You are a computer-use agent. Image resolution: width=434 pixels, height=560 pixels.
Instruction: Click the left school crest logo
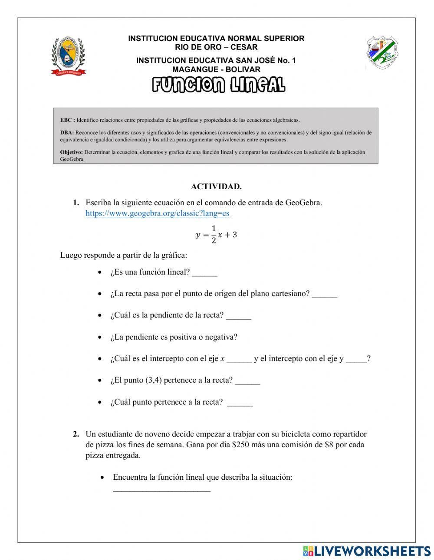[x=68, y=56]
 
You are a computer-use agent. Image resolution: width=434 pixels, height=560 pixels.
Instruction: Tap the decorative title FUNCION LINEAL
[x=218, y=85]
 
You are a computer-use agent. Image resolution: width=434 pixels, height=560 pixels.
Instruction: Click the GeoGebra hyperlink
[x=157, y=213]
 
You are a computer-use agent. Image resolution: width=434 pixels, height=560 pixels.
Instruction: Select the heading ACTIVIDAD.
[x=216, y=187]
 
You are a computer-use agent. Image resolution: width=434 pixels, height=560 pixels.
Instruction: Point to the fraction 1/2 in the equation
[x=214, y=235]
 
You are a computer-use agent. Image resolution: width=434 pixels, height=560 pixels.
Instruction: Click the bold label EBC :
[x=67, y=120]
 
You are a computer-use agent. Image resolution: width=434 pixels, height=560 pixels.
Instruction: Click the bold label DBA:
[x=67, y=133]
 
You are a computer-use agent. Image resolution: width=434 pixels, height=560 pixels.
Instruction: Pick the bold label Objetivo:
[x=71, y=152]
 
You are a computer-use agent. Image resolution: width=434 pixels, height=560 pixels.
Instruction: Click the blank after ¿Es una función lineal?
[x=204, y=273]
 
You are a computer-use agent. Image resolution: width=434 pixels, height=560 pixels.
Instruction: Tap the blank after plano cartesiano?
[x=324, y=295]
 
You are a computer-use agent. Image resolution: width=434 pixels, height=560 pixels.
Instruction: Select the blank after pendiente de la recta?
[x=238, y=317]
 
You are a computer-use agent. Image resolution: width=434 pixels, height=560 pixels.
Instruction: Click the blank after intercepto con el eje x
[x=239, y=360]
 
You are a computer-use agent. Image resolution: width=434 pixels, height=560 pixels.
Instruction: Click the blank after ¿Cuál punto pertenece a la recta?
[x=240, y=403]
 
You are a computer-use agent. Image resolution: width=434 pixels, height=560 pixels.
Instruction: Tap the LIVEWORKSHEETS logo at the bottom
[x=367, y=551]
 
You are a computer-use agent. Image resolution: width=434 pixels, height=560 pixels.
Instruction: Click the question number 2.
[x=76, y=434]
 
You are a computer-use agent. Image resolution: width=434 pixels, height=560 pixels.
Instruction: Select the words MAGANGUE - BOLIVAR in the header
[x=216, y=69]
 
